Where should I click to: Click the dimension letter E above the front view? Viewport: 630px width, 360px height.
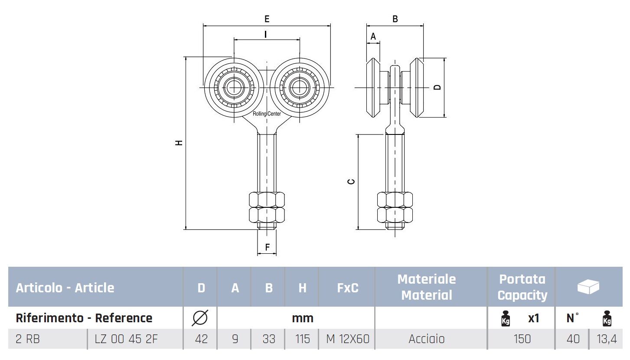point(267,19)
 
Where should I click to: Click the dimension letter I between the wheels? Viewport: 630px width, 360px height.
point(265,35)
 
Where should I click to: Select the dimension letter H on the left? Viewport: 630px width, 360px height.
point(179,143)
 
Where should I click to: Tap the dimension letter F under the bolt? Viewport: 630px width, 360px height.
point(267,247)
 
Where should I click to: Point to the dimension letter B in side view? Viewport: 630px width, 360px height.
point(395,19)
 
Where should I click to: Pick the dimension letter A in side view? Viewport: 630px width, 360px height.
point(373,36)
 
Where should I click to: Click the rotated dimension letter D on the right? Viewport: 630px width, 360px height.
point(437,87)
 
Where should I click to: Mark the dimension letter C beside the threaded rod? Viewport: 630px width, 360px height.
point(351,182)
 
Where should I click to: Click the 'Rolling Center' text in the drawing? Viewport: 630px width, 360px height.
point(267,114)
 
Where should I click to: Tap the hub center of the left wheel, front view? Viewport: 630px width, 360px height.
point(234,88)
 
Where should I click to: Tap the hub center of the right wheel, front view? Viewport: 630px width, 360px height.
point(300,88)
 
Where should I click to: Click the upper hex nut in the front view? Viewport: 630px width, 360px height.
point(267,200)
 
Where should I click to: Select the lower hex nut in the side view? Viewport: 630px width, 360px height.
point(395,215)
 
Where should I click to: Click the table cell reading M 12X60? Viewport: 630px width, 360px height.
point(348,339)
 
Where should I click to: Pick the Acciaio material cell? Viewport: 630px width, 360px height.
point(426,339)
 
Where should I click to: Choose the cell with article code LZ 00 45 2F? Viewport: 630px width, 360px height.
point(126,339)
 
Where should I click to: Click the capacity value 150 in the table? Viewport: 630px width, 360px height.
point(522,339)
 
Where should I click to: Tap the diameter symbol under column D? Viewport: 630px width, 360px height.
point(200,318)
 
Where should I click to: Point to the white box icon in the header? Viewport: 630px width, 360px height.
point(588,287)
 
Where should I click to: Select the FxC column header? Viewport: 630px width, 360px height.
point(348,288)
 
